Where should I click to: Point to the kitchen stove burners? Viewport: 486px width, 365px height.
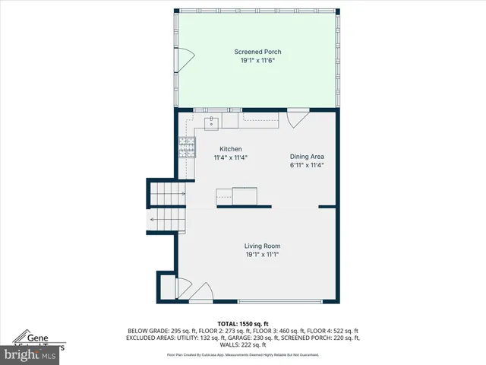coord(186,145)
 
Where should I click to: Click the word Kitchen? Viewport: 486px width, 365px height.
coord(231,149)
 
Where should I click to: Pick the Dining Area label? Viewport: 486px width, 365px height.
coord(307,157)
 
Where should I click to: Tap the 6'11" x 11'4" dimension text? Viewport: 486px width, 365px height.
coord(307,166)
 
